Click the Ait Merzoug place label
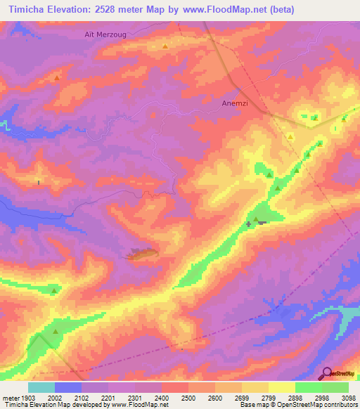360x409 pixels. coord(101,33)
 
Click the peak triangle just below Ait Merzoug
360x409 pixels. coord(165,47)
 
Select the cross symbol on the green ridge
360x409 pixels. coord(248,224)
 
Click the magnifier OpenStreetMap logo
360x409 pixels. coord(326,373)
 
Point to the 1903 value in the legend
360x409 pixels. coord(27,397)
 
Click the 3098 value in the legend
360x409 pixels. coord(349,397)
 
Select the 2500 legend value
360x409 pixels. coord(188,397)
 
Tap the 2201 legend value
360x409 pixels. coord(108,397)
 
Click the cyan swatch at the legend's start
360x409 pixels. coord(41,387)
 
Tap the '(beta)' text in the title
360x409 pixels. coord(279,10)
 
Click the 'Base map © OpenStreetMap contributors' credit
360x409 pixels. coord(297,405)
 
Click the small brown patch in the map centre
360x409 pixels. coord(143,254)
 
